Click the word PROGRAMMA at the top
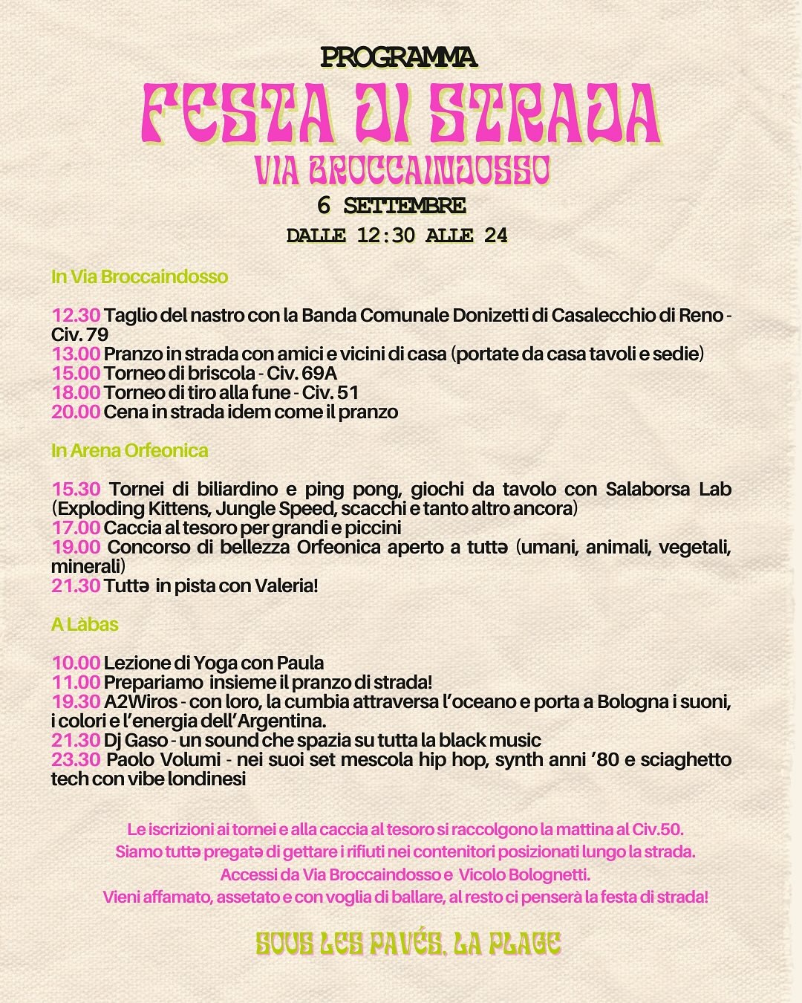tap(399, 57)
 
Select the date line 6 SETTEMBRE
tap(391, 205)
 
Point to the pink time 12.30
tap(76, 315)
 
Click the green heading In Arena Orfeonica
tap(129, 450)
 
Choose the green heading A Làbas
tap(85, 624)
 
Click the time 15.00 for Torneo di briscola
tap(76, 373)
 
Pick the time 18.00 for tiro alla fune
tap(76, 392)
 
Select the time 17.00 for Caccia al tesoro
tap(76, 528)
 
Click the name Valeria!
tap(286, 585)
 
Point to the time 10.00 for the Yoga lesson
tap(76, 663)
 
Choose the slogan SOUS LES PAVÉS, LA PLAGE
tap(408, 944)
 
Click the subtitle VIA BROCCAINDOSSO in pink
tap(402, 170)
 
